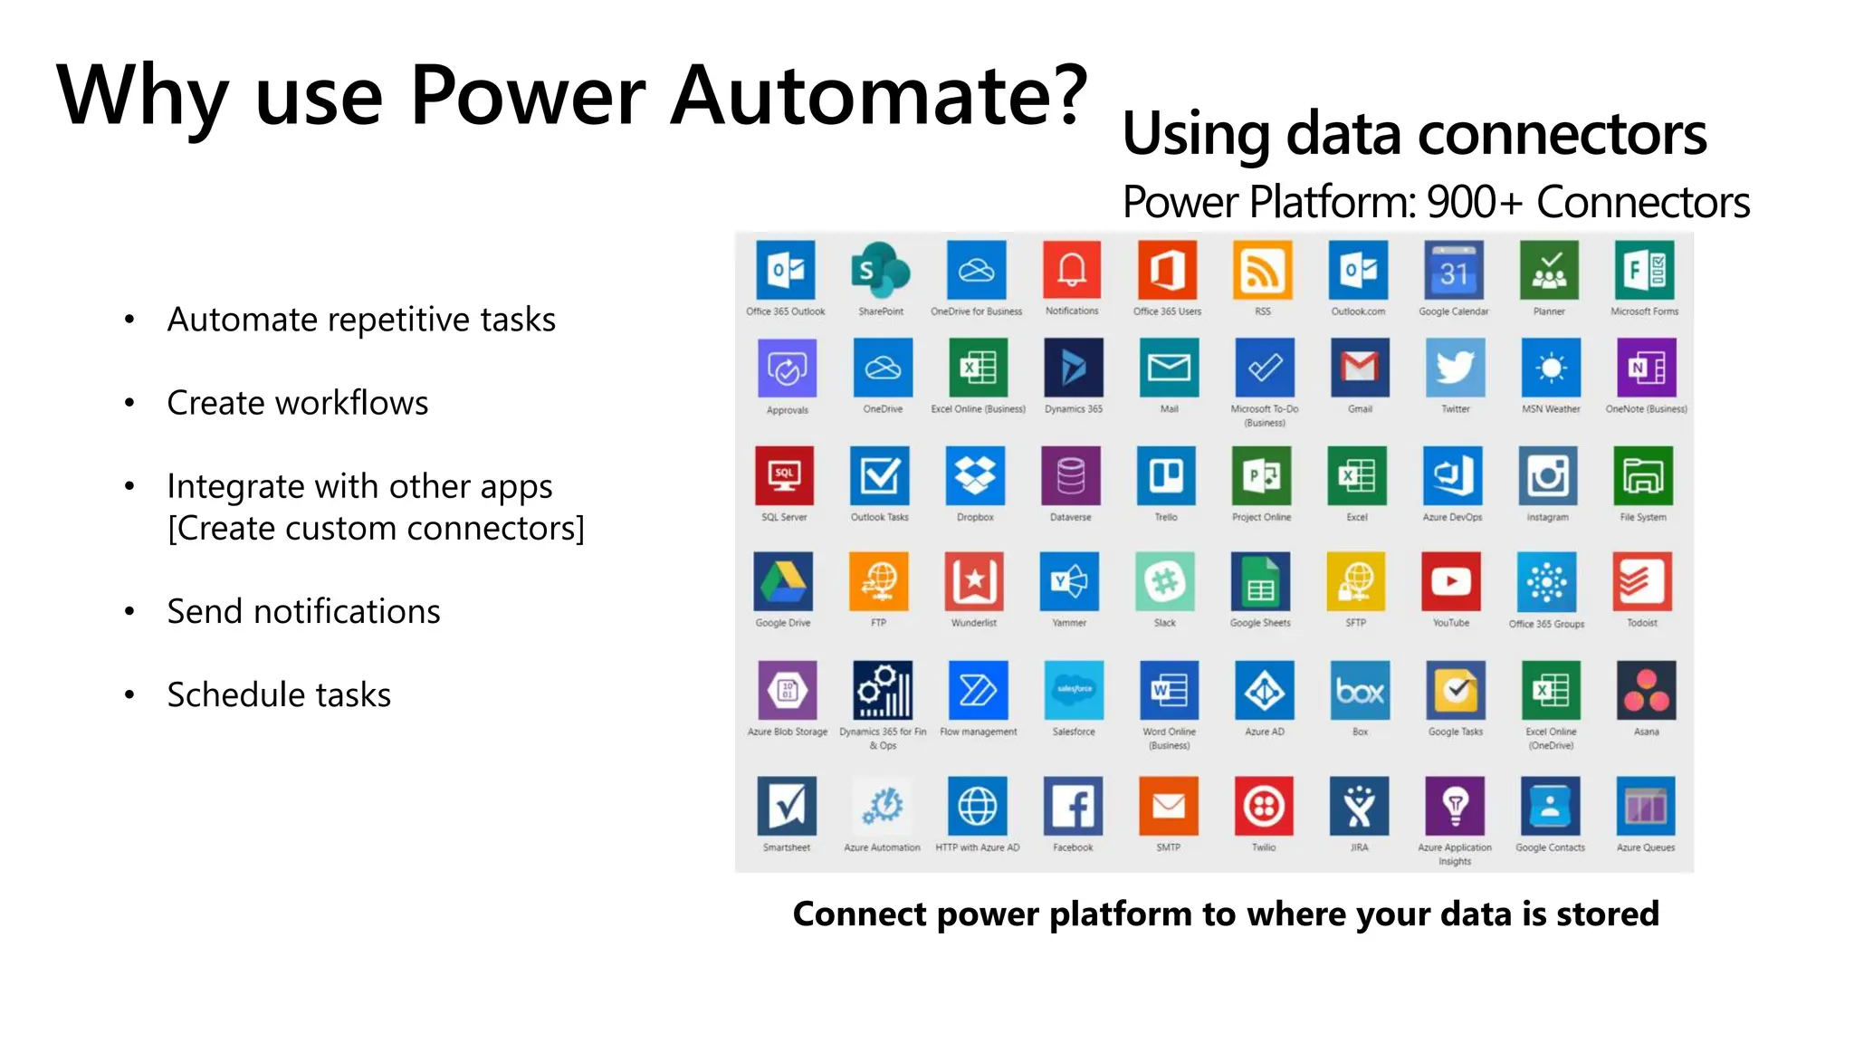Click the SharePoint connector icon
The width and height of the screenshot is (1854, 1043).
tap(881, 270)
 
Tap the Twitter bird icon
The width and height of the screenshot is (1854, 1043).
tap(1455, 368)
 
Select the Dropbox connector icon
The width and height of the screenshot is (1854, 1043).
tap(975, 475)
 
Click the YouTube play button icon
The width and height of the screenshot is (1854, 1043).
tap(1451, 581)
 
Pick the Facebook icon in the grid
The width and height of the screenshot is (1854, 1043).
tap(1073, 806)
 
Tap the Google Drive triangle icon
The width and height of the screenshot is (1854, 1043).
tap(783, 581)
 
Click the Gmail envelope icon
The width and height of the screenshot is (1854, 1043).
tap(1360, 368)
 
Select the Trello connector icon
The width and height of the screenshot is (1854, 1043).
tap(1166, 475)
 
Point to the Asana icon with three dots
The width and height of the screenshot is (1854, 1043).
tap(1646, 690)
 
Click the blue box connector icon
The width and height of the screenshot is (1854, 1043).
tap(1360, 690)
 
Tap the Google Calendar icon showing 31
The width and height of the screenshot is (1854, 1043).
tap(1453, 270)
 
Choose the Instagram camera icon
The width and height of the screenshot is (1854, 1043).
tap(1548, 475)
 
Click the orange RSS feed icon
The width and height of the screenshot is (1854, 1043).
tap(1262, 270)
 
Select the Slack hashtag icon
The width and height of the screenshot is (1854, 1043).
tap(1165, 581)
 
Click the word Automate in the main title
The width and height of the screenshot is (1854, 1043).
tap(878, 95)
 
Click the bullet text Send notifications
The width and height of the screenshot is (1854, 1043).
tap(303, 612)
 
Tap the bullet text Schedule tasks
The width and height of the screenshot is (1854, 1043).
tap(279, 695)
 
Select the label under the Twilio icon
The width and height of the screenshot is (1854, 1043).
tap(1264, 847)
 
